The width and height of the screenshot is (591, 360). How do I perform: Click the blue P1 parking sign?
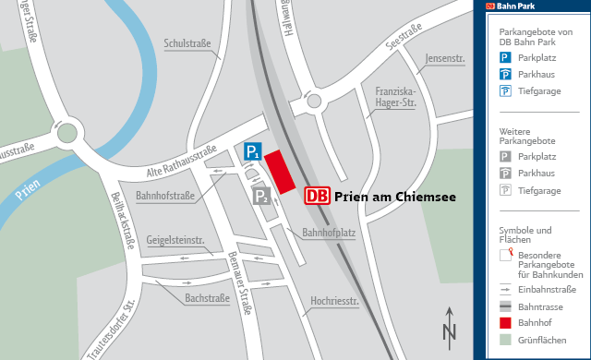(x=252, y=151)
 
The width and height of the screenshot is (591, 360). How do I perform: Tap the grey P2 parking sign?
(x=261, y=195)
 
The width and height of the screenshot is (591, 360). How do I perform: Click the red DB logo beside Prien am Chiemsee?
(x=317, y=196)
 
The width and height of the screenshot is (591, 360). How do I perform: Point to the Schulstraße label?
(x=187, y=42)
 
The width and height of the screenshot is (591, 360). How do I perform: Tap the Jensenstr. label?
(x=444, y=59)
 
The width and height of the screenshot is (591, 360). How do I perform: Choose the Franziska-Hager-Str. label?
(x=396, y=97)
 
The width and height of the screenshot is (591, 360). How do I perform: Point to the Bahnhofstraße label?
(x=164, y=196)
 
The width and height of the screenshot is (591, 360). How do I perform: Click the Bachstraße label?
(x=207, y=299)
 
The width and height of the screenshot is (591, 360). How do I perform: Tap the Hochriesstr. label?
(x=334, y=300)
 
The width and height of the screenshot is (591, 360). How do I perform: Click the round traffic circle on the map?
(x=66, y=133)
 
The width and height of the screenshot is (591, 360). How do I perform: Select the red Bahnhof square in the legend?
(x=505, y=323)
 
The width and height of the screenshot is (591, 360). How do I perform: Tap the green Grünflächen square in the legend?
(x=505, y=340)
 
